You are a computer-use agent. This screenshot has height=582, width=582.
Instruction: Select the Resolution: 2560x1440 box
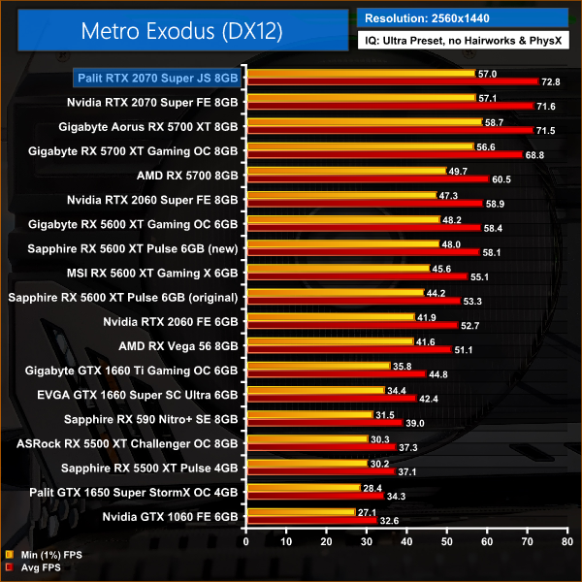(461, 17)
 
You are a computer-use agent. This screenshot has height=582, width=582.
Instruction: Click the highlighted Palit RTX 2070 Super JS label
(158, 77)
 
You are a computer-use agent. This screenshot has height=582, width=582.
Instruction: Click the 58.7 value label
(496, 122)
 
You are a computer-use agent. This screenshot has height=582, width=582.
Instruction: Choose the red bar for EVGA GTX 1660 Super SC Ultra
(330, 398)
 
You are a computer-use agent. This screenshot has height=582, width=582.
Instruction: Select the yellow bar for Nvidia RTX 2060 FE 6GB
(330, 317)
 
